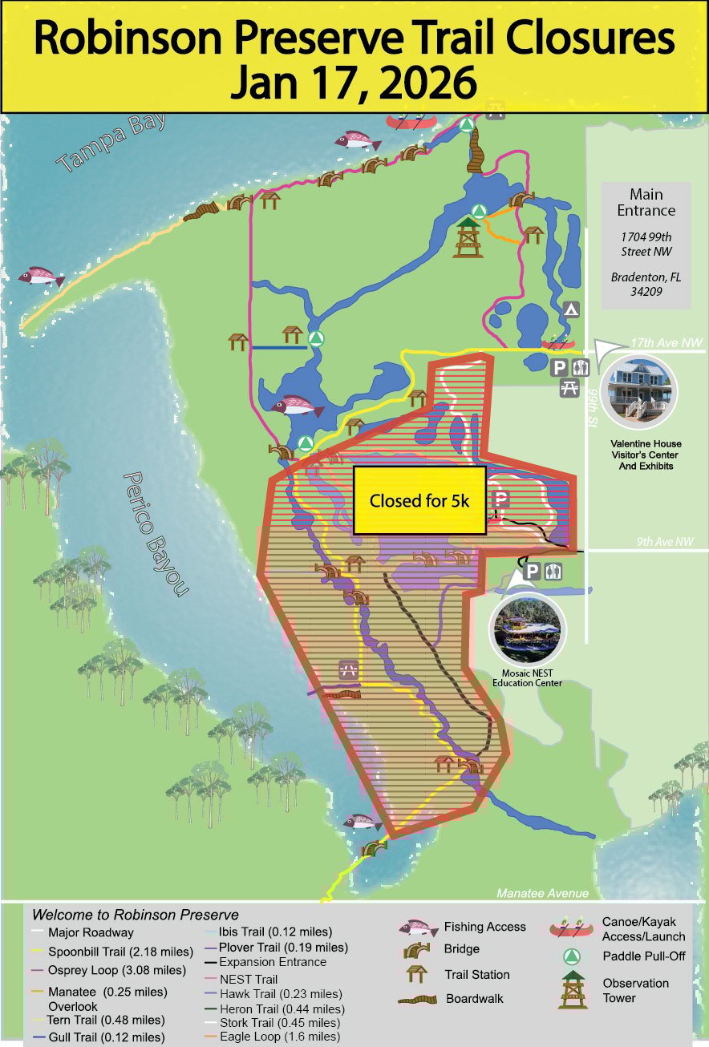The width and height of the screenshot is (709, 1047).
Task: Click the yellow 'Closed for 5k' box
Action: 419,501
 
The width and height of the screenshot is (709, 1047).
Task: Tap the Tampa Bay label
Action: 112,143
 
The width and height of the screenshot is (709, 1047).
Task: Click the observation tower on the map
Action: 468,236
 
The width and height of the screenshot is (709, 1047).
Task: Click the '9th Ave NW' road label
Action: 665,542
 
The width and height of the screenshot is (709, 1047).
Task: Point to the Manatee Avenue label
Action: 542,893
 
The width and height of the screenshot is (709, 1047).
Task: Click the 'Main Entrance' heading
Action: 646,203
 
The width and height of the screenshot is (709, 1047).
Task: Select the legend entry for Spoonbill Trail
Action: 120,952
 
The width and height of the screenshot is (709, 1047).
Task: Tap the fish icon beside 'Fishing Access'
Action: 419,928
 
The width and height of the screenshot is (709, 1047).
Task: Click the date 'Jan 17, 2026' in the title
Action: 354,83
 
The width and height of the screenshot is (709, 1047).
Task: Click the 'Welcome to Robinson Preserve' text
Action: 135,915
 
